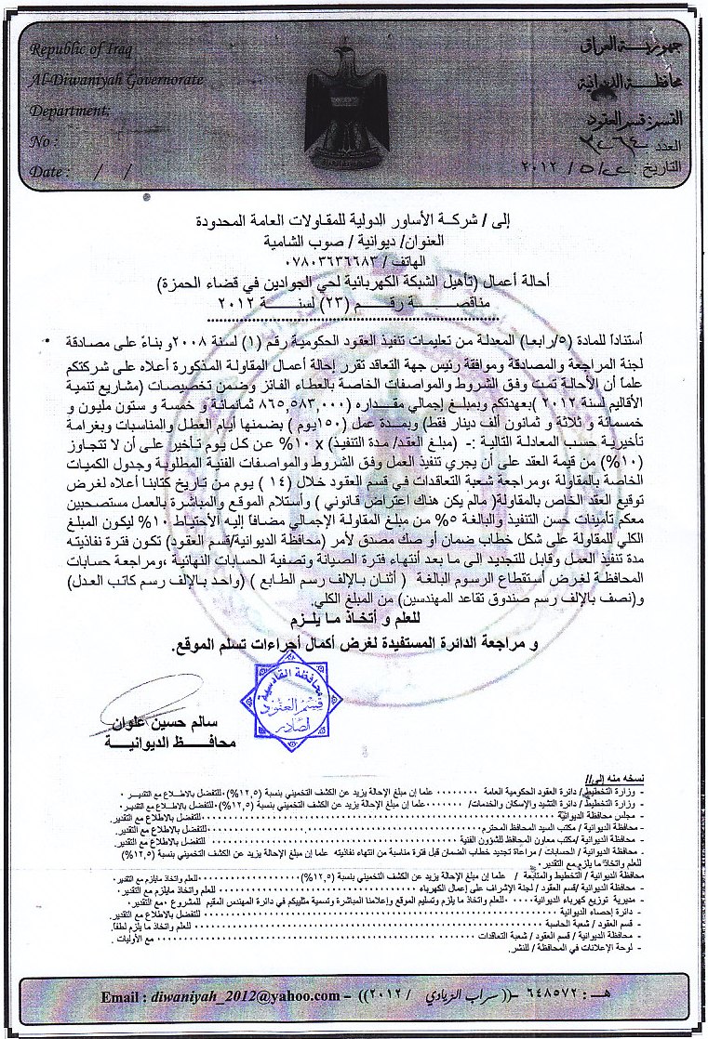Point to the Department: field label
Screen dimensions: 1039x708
coord(70,110)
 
